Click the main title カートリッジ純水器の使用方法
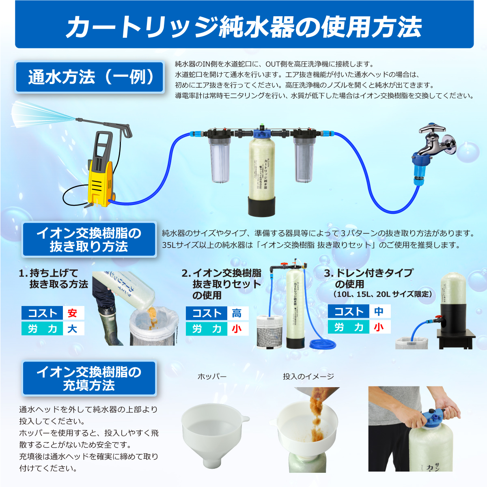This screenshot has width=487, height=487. tap(243, 27)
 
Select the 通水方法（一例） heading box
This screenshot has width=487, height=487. tap(90, 77)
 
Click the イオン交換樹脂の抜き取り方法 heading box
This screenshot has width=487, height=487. tap(89, 239)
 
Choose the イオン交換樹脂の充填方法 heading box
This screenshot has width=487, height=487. tap(89, 378)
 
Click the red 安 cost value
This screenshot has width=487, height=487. tap(73, 313)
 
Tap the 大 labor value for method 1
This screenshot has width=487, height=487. tap(73, 328)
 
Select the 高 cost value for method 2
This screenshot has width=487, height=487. tap(237, 313)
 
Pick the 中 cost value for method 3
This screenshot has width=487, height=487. tap(379, 311)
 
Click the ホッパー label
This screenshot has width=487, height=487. tap(212, 377)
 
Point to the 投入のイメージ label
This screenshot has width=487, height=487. tap(308, 377)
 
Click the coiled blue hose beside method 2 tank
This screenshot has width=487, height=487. tap(323, 344)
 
